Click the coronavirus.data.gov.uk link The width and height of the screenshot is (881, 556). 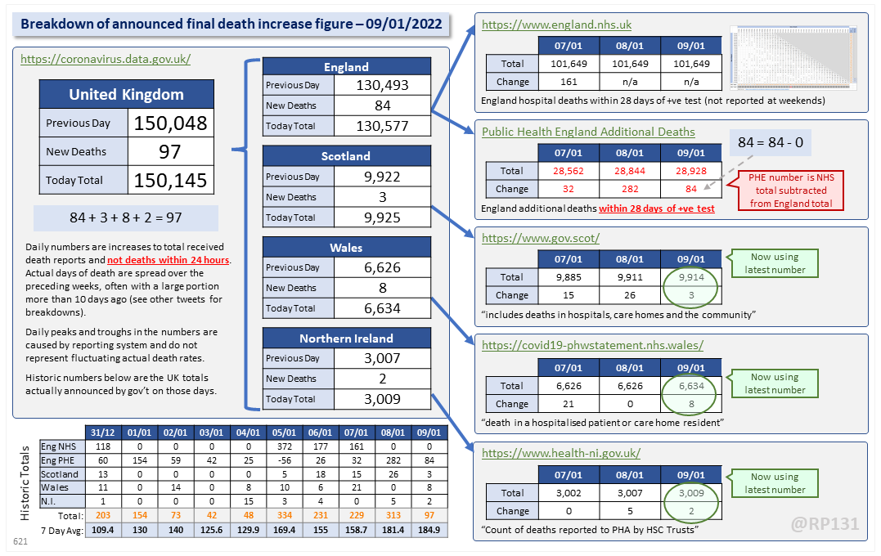click(106, 59)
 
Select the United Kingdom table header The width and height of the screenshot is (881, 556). click(126, 94)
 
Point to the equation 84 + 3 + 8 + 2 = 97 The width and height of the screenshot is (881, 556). click(126, 218)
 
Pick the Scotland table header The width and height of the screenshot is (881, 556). click(346, 155)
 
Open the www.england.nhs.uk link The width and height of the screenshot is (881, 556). click(556, 25)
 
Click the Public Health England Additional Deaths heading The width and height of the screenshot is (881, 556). click(588, 132)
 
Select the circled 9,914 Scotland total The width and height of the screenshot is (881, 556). click(691, 278)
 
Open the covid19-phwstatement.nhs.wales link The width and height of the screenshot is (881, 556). click(592, 345)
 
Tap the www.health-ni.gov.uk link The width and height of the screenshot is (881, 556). click(561, 453)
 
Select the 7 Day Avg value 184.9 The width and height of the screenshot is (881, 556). click(428, 530)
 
